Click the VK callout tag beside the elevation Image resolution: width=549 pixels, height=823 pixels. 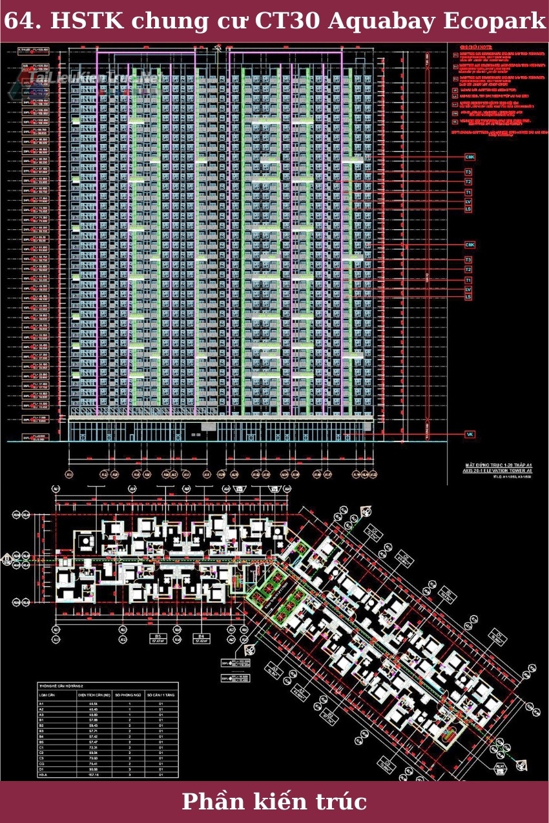click(470, 434)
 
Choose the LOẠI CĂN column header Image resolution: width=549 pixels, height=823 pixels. click(47, 695)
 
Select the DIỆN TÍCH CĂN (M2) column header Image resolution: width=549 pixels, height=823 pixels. click(95, 695)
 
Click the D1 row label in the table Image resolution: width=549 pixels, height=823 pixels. click(42, 768)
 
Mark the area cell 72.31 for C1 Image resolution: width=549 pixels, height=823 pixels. click(92, 747)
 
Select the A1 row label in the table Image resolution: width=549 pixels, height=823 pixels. click(42, 704)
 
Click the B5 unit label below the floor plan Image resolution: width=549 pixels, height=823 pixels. click(157, 636)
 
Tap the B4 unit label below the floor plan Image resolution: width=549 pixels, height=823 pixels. click(201, 636)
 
